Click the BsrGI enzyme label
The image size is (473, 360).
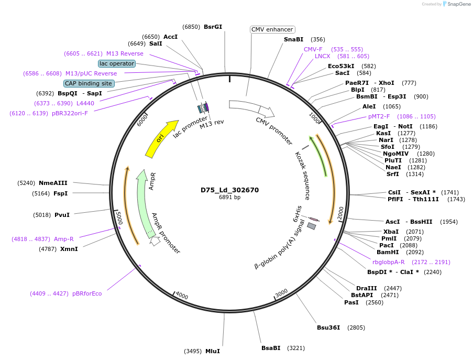tap(213, 27)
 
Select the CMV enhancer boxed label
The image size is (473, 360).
tap(272, 29)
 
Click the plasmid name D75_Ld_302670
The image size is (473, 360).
tap(229, 190)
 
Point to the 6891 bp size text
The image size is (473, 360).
tap(229, 198)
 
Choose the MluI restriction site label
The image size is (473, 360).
tap(212, 351)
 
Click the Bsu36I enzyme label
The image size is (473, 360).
tap(328, 328)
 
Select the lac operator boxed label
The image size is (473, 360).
tap(117, 63)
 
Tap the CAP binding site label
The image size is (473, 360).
tap(89, 83)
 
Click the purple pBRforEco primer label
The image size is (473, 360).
tap(87, 293)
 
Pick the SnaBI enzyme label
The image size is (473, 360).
tap(293, 39)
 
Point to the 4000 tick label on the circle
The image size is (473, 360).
tap(182, 296)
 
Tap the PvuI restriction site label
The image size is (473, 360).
tap(62, 215)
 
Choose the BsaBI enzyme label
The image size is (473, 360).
tap(271, 348)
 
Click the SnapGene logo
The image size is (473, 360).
tap(455, 4)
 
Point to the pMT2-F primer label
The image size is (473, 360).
tap(379, 116)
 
